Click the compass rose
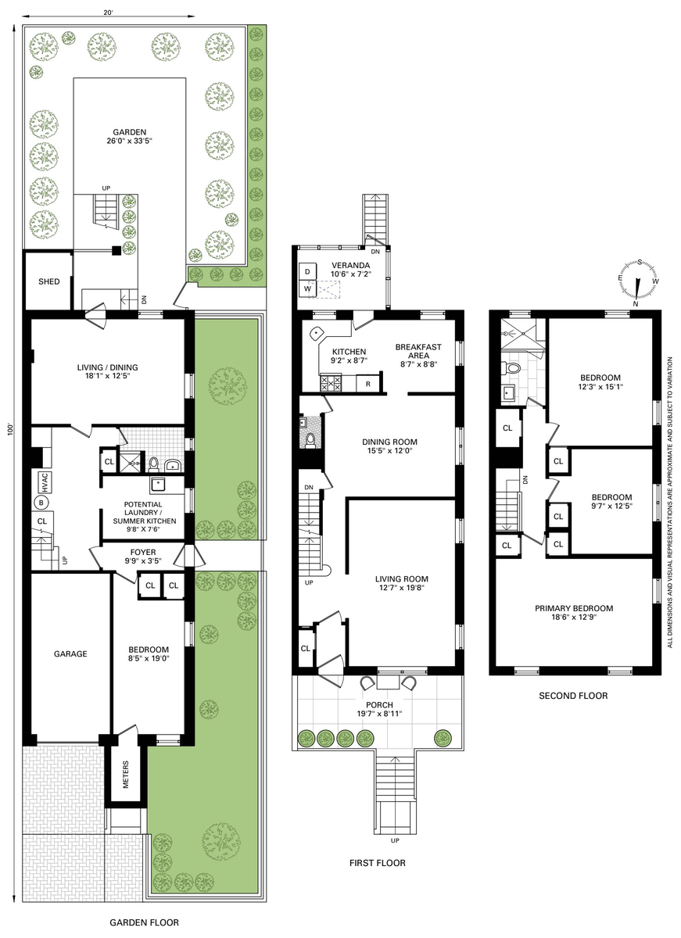637,282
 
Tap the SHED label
49,281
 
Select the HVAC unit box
45,482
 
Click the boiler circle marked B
41,502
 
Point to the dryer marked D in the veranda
307,272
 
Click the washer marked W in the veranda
307,288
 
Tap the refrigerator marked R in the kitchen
367,384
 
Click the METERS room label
126,775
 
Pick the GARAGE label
70,653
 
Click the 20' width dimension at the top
108,13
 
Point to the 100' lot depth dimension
11,430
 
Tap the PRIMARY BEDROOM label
574,608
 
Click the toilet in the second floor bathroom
512,368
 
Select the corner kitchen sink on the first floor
316,333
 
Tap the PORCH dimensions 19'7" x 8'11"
379,714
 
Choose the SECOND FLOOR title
573,696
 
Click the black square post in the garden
116,250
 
